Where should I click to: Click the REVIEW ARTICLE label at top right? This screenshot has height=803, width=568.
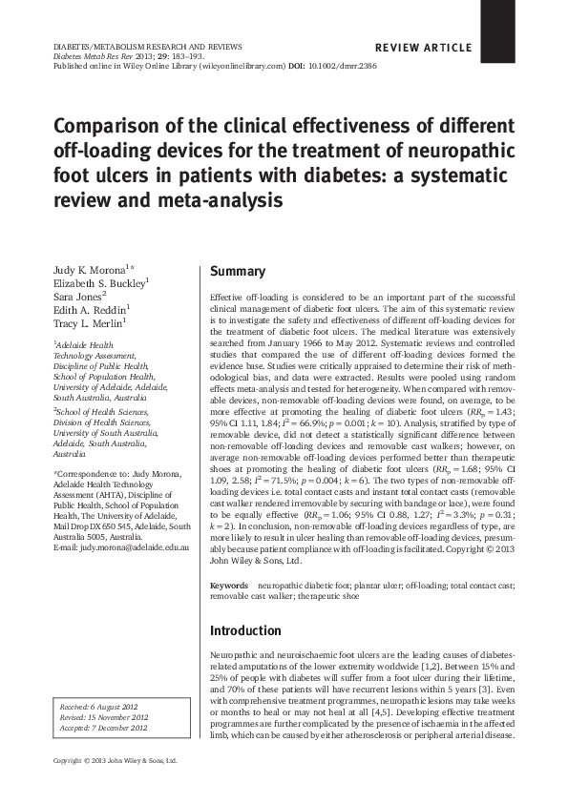coord(424,48)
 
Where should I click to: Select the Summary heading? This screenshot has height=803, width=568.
coord(238,272)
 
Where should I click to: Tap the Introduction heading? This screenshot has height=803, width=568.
coord(245,631)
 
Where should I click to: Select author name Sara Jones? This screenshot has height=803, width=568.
coord(78,297)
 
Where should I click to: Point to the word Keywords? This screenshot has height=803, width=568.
coord(229,585)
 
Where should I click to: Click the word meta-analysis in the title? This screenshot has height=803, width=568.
coord(230,201)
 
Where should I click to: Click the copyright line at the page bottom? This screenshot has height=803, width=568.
coord(115,761)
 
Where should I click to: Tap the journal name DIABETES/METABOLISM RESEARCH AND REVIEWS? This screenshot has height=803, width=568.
coord(146,46)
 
